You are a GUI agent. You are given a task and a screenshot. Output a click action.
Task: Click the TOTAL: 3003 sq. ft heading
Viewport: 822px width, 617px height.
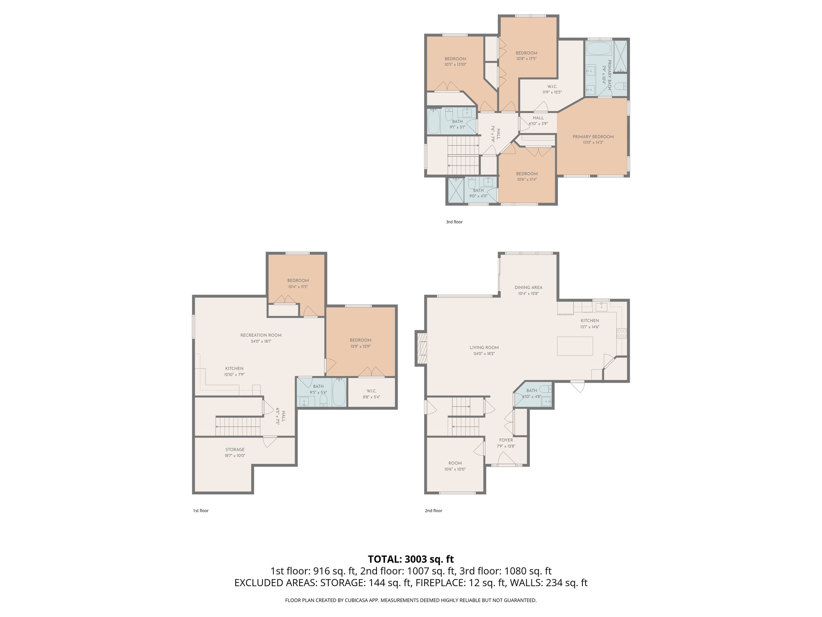pos(411,559)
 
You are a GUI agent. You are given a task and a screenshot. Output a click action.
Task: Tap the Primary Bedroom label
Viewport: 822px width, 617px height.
pos(593,137)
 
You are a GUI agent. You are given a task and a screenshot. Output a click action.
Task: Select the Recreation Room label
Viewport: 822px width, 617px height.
pos(261,335)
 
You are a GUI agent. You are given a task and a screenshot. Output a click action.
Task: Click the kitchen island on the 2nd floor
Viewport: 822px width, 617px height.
pos(575,346)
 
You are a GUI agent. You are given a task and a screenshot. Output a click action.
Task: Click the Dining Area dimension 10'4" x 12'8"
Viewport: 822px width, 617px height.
pos(528,294)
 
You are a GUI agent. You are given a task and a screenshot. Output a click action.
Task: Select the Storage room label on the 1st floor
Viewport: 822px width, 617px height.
pos(235,449)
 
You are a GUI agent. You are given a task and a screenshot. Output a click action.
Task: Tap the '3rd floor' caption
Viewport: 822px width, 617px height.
pos(454,222)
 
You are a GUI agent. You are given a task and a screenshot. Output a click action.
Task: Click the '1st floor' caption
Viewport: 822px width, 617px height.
pos(201,511)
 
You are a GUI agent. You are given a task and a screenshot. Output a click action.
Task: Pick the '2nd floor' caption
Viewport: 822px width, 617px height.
pos(433,511)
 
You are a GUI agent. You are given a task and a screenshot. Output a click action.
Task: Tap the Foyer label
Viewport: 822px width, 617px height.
pos(506,440)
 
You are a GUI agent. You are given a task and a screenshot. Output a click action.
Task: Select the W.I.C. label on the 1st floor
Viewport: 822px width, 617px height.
pos(371,391)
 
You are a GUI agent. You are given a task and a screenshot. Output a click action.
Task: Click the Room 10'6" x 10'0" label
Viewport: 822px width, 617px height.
pos(455,463)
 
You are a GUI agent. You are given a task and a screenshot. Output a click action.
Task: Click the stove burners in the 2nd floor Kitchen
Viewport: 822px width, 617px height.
pos(621,333)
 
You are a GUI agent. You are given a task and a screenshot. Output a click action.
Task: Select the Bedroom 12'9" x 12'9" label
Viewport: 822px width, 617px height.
pos(360,340)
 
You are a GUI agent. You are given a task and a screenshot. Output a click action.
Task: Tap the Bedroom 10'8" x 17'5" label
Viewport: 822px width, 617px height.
pos(526,53)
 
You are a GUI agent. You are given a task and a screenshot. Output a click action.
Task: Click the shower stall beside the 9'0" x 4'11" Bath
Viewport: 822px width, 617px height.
pos(456,190)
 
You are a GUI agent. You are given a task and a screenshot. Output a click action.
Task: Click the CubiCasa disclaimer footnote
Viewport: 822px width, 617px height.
pos(411,600)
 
